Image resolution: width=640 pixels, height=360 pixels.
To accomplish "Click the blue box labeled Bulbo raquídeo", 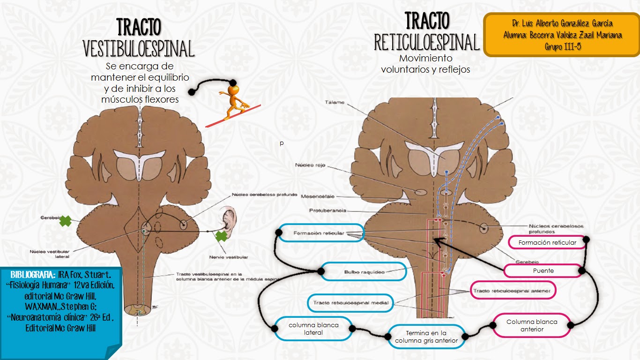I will point(364,271).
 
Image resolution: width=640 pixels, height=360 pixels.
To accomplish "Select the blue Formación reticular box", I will point(321,233).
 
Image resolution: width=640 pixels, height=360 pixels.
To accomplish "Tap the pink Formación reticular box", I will point(547,242).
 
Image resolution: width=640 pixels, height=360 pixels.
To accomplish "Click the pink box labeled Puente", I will point(543,270).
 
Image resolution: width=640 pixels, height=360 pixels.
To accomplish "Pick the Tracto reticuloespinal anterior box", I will point(513,291).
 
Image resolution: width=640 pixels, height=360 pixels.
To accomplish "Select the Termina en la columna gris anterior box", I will point(426,337).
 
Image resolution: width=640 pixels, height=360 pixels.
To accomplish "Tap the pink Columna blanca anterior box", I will point(532,325).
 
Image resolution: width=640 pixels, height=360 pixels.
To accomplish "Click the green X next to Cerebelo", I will point(65,221).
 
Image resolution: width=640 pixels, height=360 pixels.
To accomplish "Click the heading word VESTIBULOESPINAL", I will point(138,49).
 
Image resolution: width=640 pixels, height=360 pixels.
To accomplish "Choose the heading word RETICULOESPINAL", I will point(427,43).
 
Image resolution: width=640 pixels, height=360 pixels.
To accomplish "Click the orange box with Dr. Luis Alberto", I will point(561,35).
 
